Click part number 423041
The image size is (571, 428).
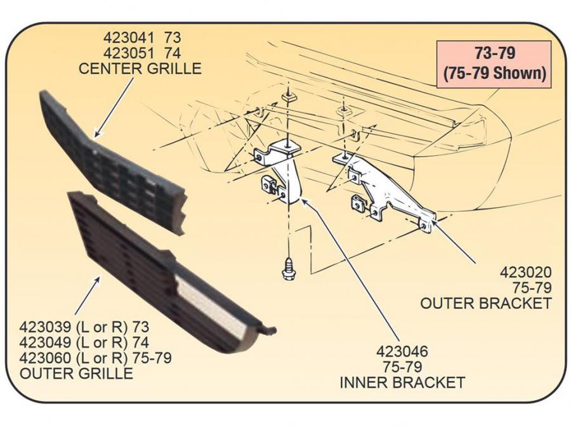(124, 38)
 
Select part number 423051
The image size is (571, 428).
(124, 53)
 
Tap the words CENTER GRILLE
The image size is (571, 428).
(140, 68)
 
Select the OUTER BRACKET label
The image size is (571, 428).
(486, 303)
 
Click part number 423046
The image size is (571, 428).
(402, 351)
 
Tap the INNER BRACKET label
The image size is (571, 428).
(402, 382)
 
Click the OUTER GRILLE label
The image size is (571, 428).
(77, 373)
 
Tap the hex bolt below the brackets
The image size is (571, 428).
(287, 268)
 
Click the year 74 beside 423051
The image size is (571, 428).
(173, 53)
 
